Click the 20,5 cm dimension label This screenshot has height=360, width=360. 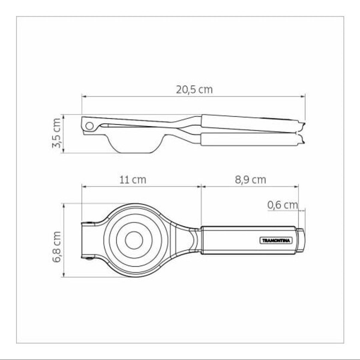click(x=194, y=90)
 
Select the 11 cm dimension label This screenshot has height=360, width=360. click(x=133, y=180)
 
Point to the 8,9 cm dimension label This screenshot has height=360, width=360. click(x=250, y=180)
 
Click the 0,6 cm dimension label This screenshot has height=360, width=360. click(x=283, y=205)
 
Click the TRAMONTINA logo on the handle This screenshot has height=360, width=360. click(x=276, y=241)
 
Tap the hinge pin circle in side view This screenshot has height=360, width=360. click(x=89, y=126)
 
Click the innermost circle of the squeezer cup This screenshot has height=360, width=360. click(x=134, y=240)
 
